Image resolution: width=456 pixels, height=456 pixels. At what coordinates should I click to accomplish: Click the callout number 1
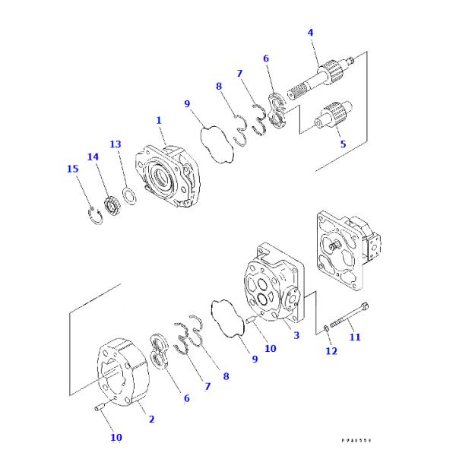tap(159, 120)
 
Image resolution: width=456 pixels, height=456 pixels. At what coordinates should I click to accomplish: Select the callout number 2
tap(151, 419)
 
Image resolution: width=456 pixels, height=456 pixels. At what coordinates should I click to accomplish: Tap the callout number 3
tap(296, 334)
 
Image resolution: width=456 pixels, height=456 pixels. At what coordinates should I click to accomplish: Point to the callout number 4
tap(310, 33)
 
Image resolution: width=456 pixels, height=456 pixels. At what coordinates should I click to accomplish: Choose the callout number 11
tap(355, 337)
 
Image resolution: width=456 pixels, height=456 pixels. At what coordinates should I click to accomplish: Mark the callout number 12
tap(331, 350)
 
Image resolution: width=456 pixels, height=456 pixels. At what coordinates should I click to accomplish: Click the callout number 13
tap(116, 144)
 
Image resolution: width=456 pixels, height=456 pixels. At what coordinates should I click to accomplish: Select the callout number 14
tap(93, 157)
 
